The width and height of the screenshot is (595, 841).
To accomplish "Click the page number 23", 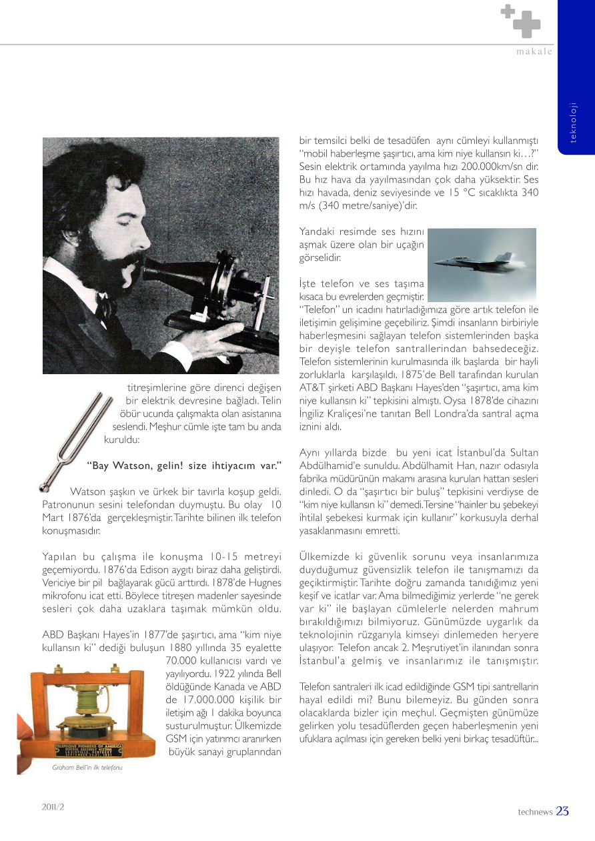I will click(562, 811).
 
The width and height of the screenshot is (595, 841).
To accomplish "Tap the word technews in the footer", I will click(535, 812).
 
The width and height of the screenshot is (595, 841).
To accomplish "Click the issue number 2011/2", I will click(53, 806).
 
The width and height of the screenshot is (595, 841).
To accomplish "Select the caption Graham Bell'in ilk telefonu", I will click(87, 767).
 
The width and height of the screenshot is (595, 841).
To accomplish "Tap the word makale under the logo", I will click(534, 52).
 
